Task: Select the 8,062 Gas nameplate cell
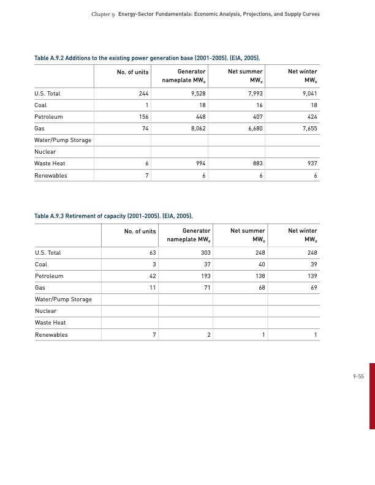[x=195, y=129]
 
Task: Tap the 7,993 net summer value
[x=254, y=94]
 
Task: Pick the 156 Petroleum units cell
[x=143, y=117]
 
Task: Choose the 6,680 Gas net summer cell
[x=254, y=129]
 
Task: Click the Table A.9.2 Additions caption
[x=147, y=58]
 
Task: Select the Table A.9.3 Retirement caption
[x=113, y=217]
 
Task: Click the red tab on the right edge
[x=371, y=395]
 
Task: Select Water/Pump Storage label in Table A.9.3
[x=64, y=299]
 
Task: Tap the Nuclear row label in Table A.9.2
[x=46, y=152]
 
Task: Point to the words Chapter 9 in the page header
[x=103, y=14]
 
